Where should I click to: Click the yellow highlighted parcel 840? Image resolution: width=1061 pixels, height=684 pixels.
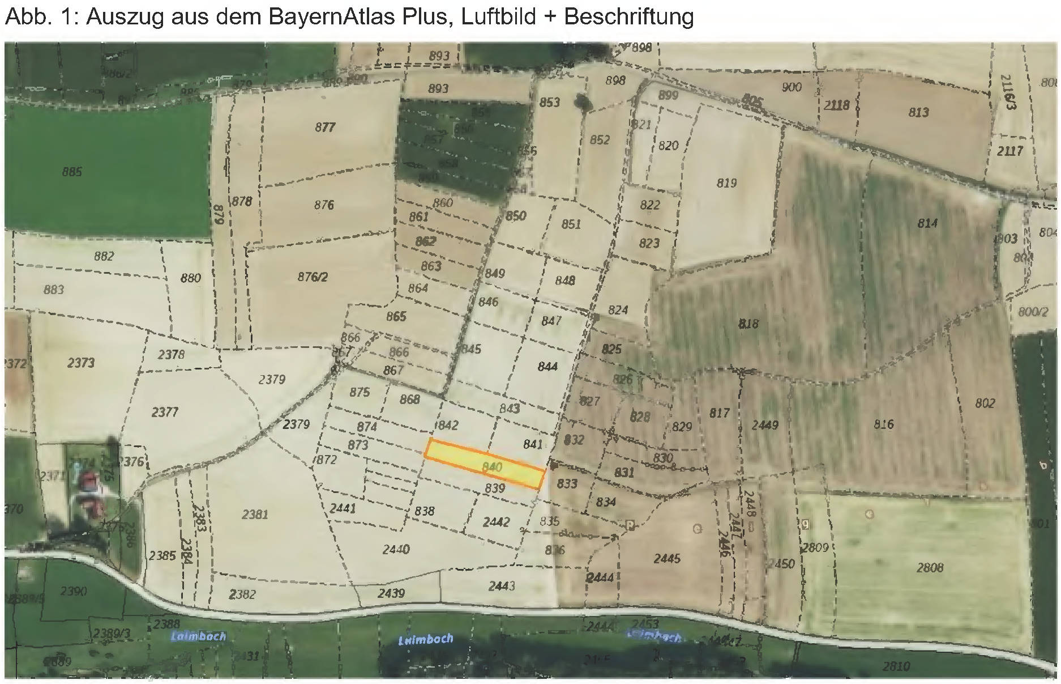pos(485,463)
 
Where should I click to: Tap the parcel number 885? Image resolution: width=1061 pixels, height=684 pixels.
pos(72,172)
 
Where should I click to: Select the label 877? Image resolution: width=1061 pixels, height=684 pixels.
pos(325,128)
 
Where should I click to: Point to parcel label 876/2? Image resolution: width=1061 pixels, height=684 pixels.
pos(313,277)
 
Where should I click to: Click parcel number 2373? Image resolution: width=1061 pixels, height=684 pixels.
pos(81,363)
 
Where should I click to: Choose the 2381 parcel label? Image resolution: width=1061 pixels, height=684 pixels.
pos(255,515)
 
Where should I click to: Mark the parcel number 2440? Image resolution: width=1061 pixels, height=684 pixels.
pos(396,549)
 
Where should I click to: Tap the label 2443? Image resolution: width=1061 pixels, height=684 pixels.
pos(502,585)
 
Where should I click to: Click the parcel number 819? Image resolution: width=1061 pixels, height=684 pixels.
pos(726,183)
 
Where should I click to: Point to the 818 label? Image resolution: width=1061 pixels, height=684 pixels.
pos(748,324)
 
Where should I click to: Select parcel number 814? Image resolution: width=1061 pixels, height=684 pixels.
pos(927,223)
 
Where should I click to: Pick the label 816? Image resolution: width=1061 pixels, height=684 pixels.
pos(883,424)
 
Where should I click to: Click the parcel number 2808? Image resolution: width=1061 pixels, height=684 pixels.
pos(930,567)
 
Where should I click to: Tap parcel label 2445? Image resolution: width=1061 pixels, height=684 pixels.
pos(667,559)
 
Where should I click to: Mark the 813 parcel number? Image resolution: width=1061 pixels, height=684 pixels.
pos(918,112)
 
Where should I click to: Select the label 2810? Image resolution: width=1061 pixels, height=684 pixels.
pos(896,666)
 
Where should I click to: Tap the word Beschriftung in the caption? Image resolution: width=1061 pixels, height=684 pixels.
pos(628,17)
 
